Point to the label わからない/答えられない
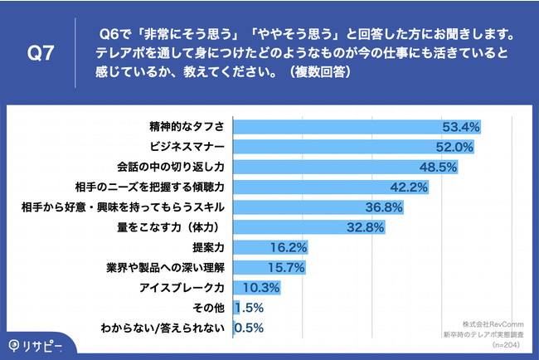(162, 328)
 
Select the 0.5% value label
(250, 328)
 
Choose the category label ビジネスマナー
(187, 147)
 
